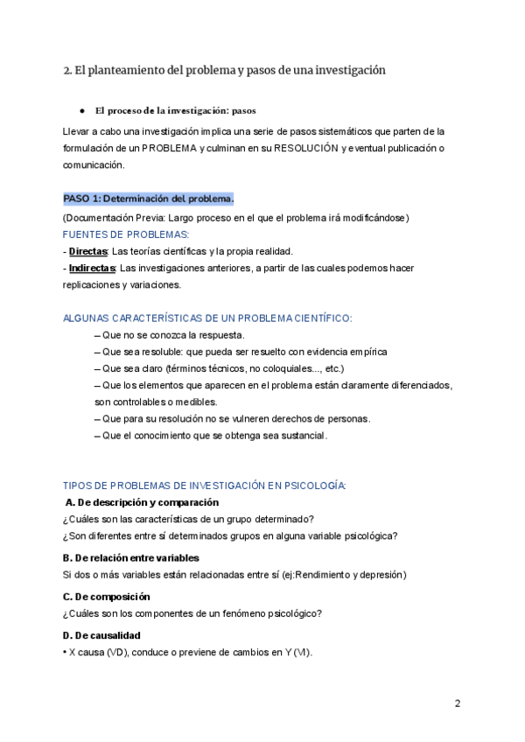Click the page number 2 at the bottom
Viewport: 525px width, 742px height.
(x=457, y=703)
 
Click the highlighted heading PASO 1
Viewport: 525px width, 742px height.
(x=148, y=198)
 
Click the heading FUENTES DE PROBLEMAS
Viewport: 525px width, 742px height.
(x=125, y=234)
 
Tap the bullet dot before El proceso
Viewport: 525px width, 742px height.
(x=81, y=111)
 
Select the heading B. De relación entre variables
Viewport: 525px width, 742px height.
(x=131, y=557)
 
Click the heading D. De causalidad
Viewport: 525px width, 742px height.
(x=102, y=635)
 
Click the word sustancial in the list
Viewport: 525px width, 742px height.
(x=298, y=436)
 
